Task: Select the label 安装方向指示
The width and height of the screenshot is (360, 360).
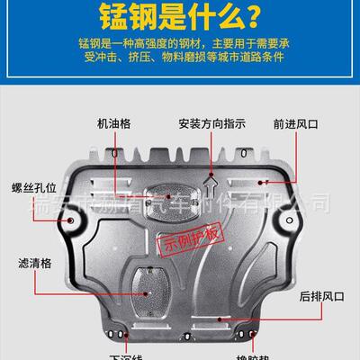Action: pyautogui.click(x=211, y=123)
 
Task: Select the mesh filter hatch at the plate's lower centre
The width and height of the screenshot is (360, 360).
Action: pyautogui.click(x=143, y=285)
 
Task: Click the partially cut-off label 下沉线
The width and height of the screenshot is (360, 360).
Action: pyautogui.click(x=126, y=355)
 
